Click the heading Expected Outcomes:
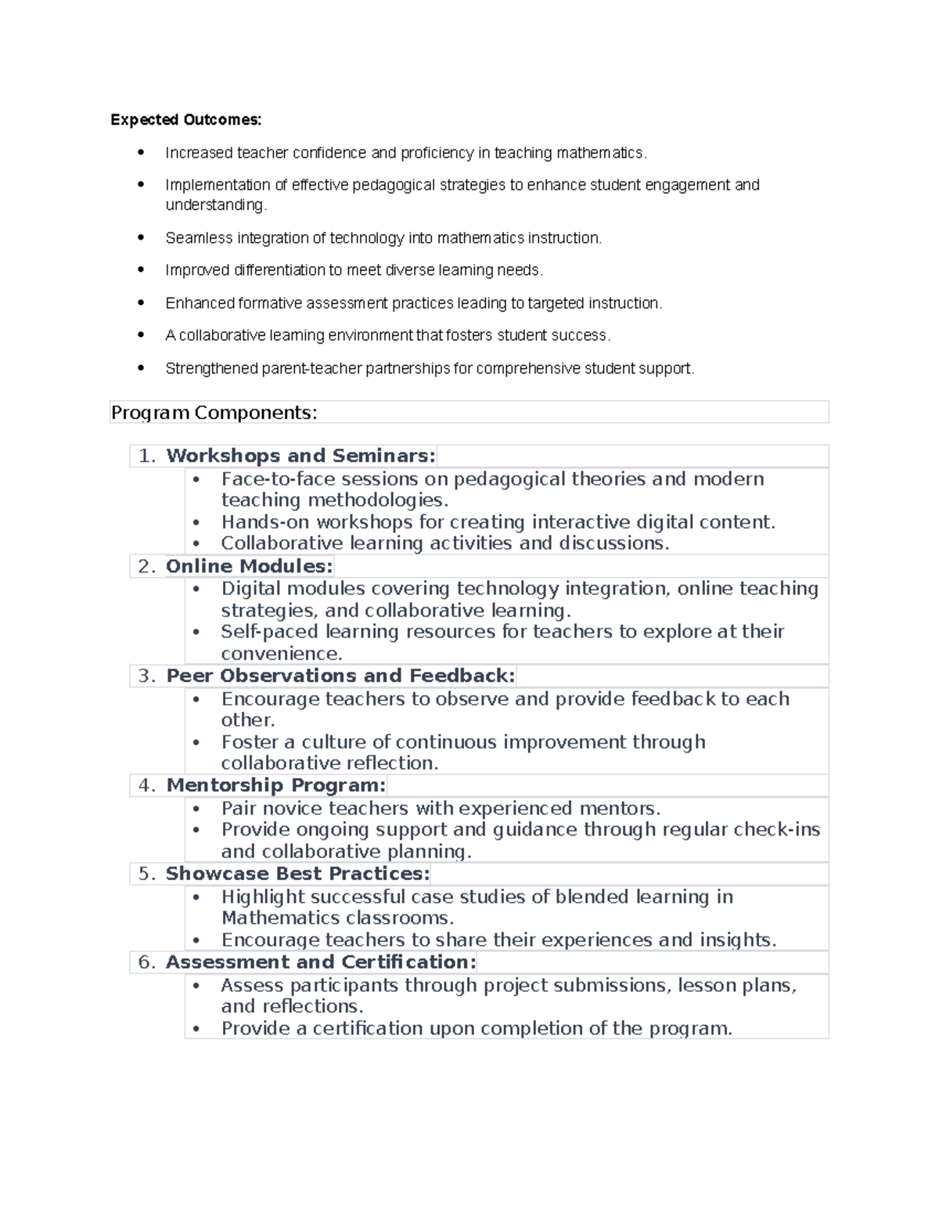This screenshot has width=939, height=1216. click(x=186, y=120)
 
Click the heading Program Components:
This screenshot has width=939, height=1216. click(x=214, y=413)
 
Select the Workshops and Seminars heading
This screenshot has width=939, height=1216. click(x=300, y=456)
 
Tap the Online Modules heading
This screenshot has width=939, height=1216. click(x=249, y=566)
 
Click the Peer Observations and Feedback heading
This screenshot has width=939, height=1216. click(x=340, y=676)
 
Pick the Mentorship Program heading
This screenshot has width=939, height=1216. click(x=275, y=785)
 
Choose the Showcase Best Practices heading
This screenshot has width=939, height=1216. click(x=297, y=874)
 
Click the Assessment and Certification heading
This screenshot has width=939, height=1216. click(x=321, y=962)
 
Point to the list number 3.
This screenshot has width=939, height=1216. click(x=146, y=676)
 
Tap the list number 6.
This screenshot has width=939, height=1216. click(x=146, y=962)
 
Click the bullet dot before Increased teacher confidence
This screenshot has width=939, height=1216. click(x=141, y=153)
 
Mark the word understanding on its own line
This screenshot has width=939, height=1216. click(x=214, y=205)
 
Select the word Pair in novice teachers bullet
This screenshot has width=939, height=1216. click(x=239, y=808)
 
